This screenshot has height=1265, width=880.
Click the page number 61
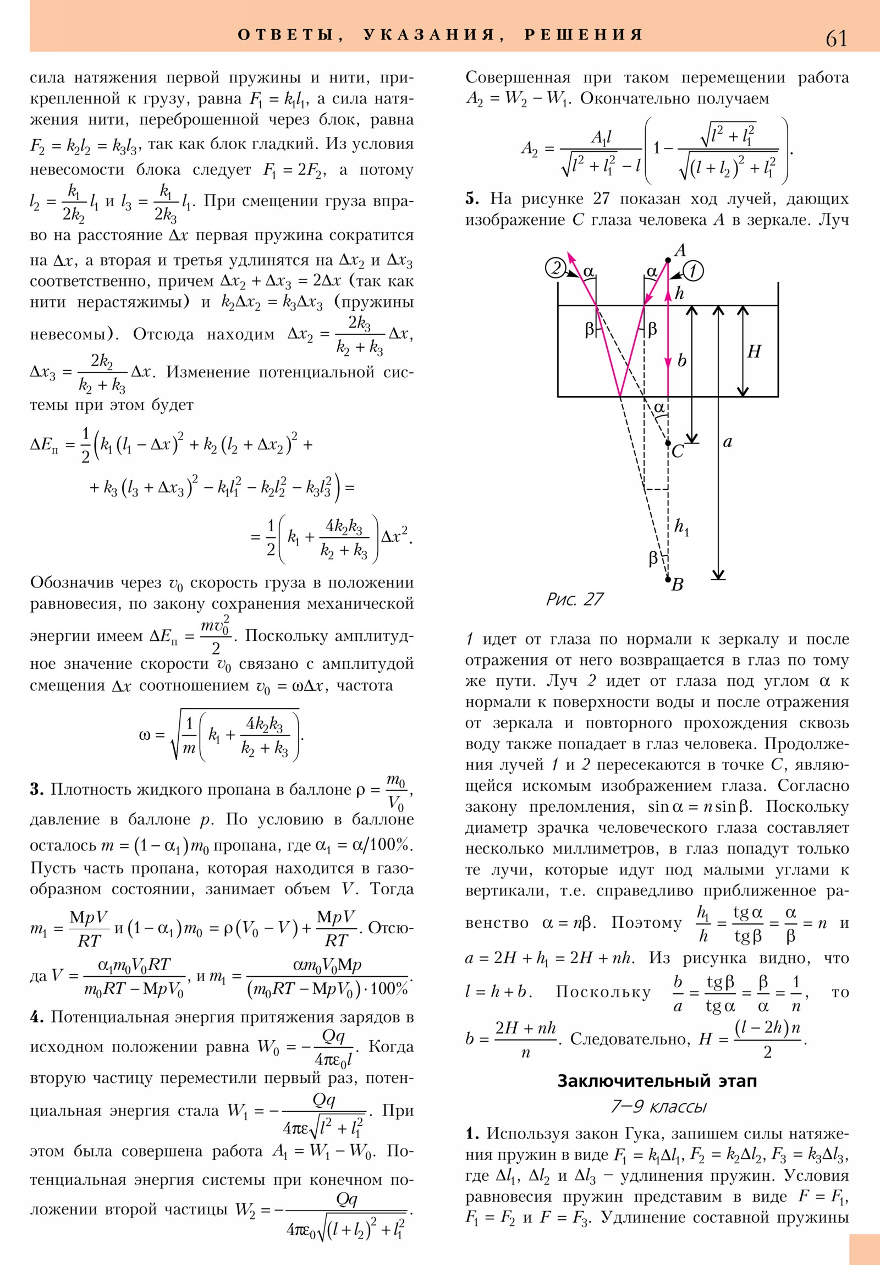coord(836,38)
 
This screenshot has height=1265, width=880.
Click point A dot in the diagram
coord(668,260)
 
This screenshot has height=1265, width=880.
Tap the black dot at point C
coord(668,442)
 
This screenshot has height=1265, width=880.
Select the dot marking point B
coord(668,579)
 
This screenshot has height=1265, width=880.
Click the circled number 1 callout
coord(693,271)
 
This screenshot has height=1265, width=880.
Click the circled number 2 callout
coord(555,268)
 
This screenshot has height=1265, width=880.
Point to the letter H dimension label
coord(754,351)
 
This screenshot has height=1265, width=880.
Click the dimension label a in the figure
coord(727,442)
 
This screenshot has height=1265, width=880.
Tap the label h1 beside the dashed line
coord(681,527)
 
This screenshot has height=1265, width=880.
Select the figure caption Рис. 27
coord(575,599)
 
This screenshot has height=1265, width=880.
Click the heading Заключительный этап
coord(657,1081)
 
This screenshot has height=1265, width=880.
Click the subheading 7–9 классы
coord(658,1106)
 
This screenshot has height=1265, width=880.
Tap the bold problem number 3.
coord(37,789)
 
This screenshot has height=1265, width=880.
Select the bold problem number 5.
coord(472,199)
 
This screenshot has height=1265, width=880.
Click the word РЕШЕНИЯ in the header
coord(584,35)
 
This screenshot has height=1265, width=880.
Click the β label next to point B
coord(653,559)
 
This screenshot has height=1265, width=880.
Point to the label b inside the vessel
coord(681,361)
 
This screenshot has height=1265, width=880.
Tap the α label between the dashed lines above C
coord(659,408)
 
